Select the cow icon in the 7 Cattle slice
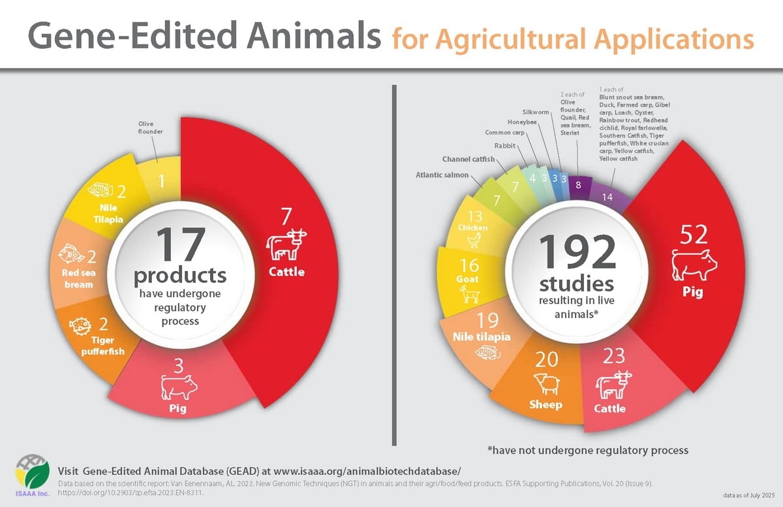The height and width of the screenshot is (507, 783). coord(286,245)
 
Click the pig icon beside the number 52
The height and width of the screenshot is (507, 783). coord(694,265)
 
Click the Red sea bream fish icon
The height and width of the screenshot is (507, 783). coord(71,253)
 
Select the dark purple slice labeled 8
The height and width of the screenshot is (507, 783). coord(578,185)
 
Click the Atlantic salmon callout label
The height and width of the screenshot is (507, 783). coord(442,174)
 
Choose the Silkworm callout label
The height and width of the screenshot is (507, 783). coord(535,112)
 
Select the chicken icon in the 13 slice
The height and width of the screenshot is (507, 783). coord(472,241)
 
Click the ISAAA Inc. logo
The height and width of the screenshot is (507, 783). coord(32,476)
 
